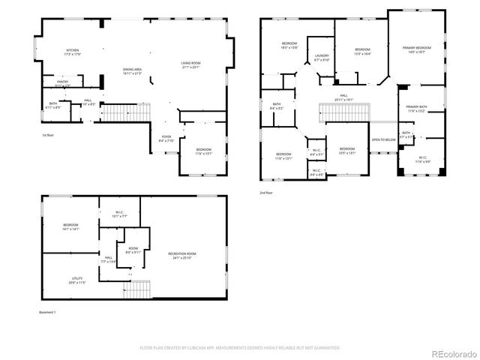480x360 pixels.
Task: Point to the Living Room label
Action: [x=190, y=64]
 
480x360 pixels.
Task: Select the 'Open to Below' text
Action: [x=383, y=140]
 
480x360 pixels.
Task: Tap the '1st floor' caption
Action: [x=48, y=135]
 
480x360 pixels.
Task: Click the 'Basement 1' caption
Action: [x=48, y=311]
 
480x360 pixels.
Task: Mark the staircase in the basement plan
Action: [x=137, y=289]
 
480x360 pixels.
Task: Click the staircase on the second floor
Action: [x=346, y=112]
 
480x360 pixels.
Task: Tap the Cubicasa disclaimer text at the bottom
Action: [x=240, y=348]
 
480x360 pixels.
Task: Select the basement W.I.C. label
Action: [x=119, y=214]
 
